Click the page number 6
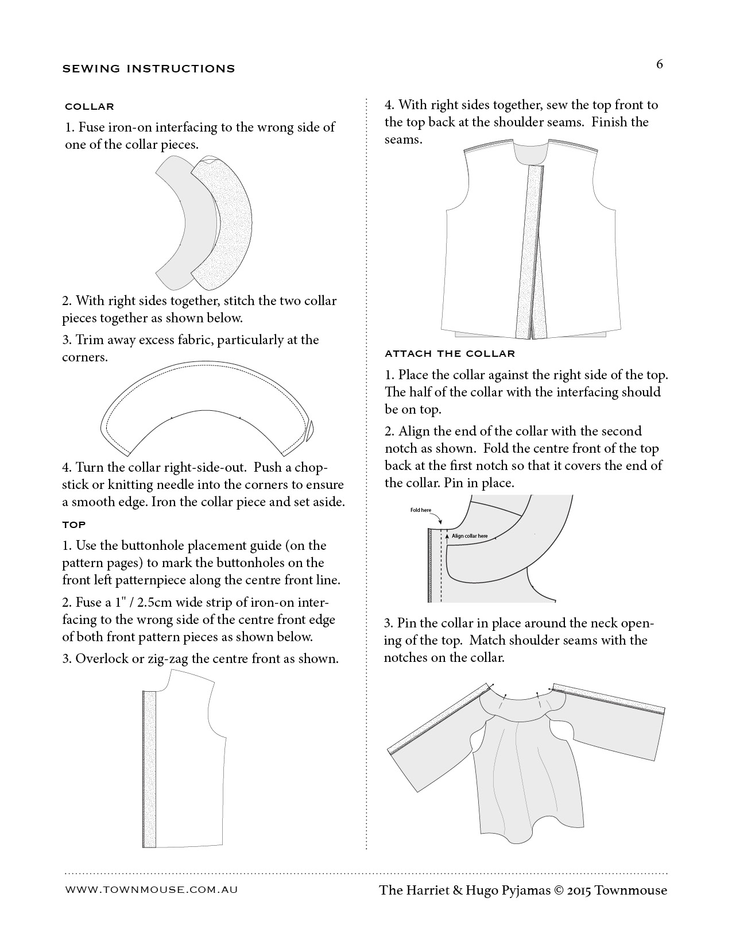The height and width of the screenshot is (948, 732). coord(659,64)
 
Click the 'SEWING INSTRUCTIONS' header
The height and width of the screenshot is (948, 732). coord(149,69)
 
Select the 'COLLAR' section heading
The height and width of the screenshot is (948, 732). coord(90,106)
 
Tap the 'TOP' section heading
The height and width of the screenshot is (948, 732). coord(74,525)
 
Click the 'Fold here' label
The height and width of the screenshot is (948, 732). coord(420,510)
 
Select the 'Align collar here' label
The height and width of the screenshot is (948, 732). coord(470,536)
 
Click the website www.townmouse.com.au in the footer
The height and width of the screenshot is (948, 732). coord(152,889)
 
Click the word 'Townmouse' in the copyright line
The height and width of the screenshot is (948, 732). coord(631,890)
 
